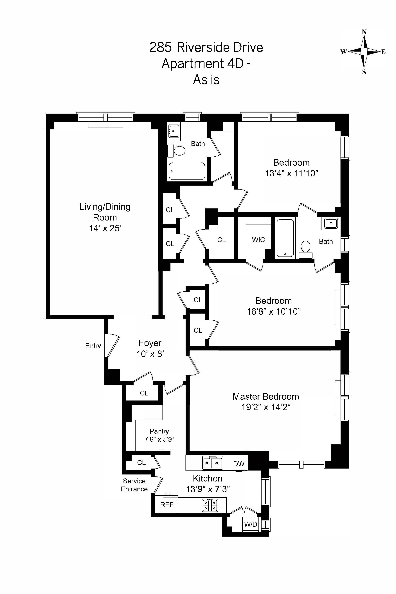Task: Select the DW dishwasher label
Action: pyautogui.click(x=239, y=464)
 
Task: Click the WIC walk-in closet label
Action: pyautogui.click(x=258, y=240)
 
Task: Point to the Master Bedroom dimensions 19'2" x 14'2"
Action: pyautogui.click(x=266, y=407)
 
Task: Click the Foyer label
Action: pyautogui.click(x=150, y=343)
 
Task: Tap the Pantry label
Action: pyautogui.click(x=159, y=431)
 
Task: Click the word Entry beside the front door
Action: pyautogui.click(x=93, y=346)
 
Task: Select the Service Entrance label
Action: pyautogui.click(x=134, y=485)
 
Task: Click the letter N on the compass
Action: pyautogui.click(x=364, y=32)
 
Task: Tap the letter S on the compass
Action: pyautogui.click(x=364, y=72)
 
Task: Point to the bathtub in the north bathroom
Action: pyautogui.click(x=187, y=171)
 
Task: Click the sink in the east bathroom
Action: pyautogui.click(x=331, y=223)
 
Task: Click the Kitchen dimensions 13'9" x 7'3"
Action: pyautogui.click(x=208, y=489)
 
